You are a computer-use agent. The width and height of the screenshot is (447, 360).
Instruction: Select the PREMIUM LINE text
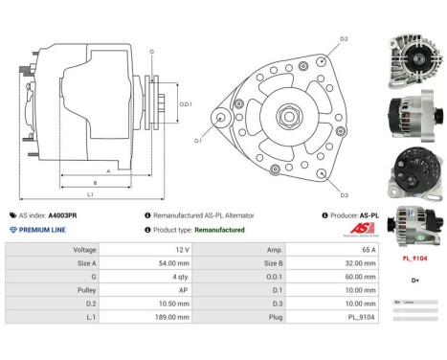point(45,230)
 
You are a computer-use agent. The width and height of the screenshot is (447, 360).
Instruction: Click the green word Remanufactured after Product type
point(219,230)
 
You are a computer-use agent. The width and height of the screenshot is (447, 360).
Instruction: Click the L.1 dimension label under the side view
point(90,196)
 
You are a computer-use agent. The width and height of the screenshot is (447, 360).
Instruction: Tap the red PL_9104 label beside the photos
point(415,259)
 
